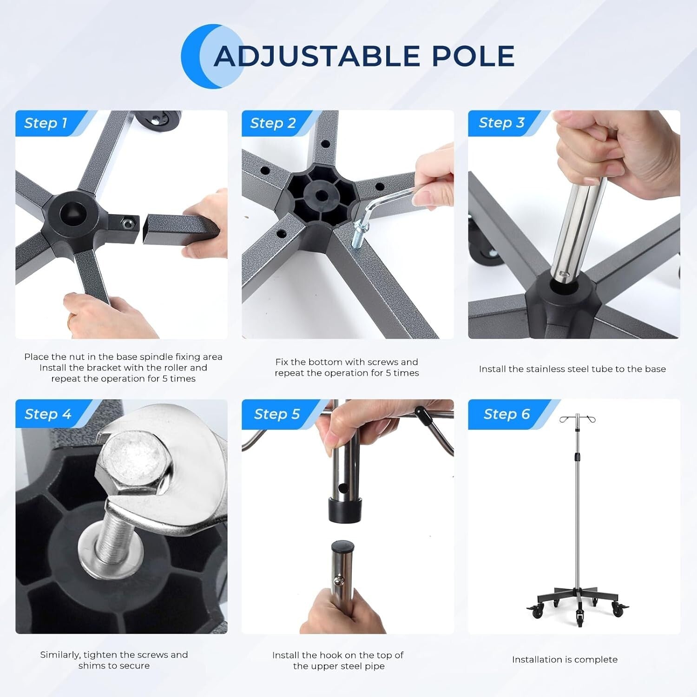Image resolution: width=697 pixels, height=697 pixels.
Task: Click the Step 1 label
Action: tap(46, 123)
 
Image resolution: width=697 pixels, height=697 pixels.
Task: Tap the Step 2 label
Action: tap(273, 123)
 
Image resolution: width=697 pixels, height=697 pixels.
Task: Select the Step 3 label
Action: tap(501, 123)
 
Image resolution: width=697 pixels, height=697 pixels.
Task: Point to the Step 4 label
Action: tap(48, 414)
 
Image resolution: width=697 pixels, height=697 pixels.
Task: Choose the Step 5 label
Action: tap(277, 414)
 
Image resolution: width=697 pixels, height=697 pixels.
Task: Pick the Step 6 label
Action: tap(506, 414)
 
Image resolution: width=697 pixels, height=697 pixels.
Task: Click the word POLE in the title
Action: tap(473, 57)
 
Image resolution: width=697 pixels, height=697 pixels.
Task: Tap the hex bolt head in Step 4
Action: tap(132, 460)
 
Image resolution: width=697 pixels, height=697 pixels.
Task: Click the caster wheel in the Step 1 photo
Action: tap(158, 124)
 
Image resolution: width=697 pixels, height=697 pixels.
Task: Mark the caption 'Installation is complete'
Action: tap(565, 659)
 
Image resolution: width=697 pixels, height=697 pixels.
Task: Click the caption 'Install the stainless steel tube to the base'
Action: tap(572, 369)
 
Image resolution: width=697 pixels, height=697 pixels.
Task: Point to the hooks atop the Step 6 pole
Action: tap(577, 419)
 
